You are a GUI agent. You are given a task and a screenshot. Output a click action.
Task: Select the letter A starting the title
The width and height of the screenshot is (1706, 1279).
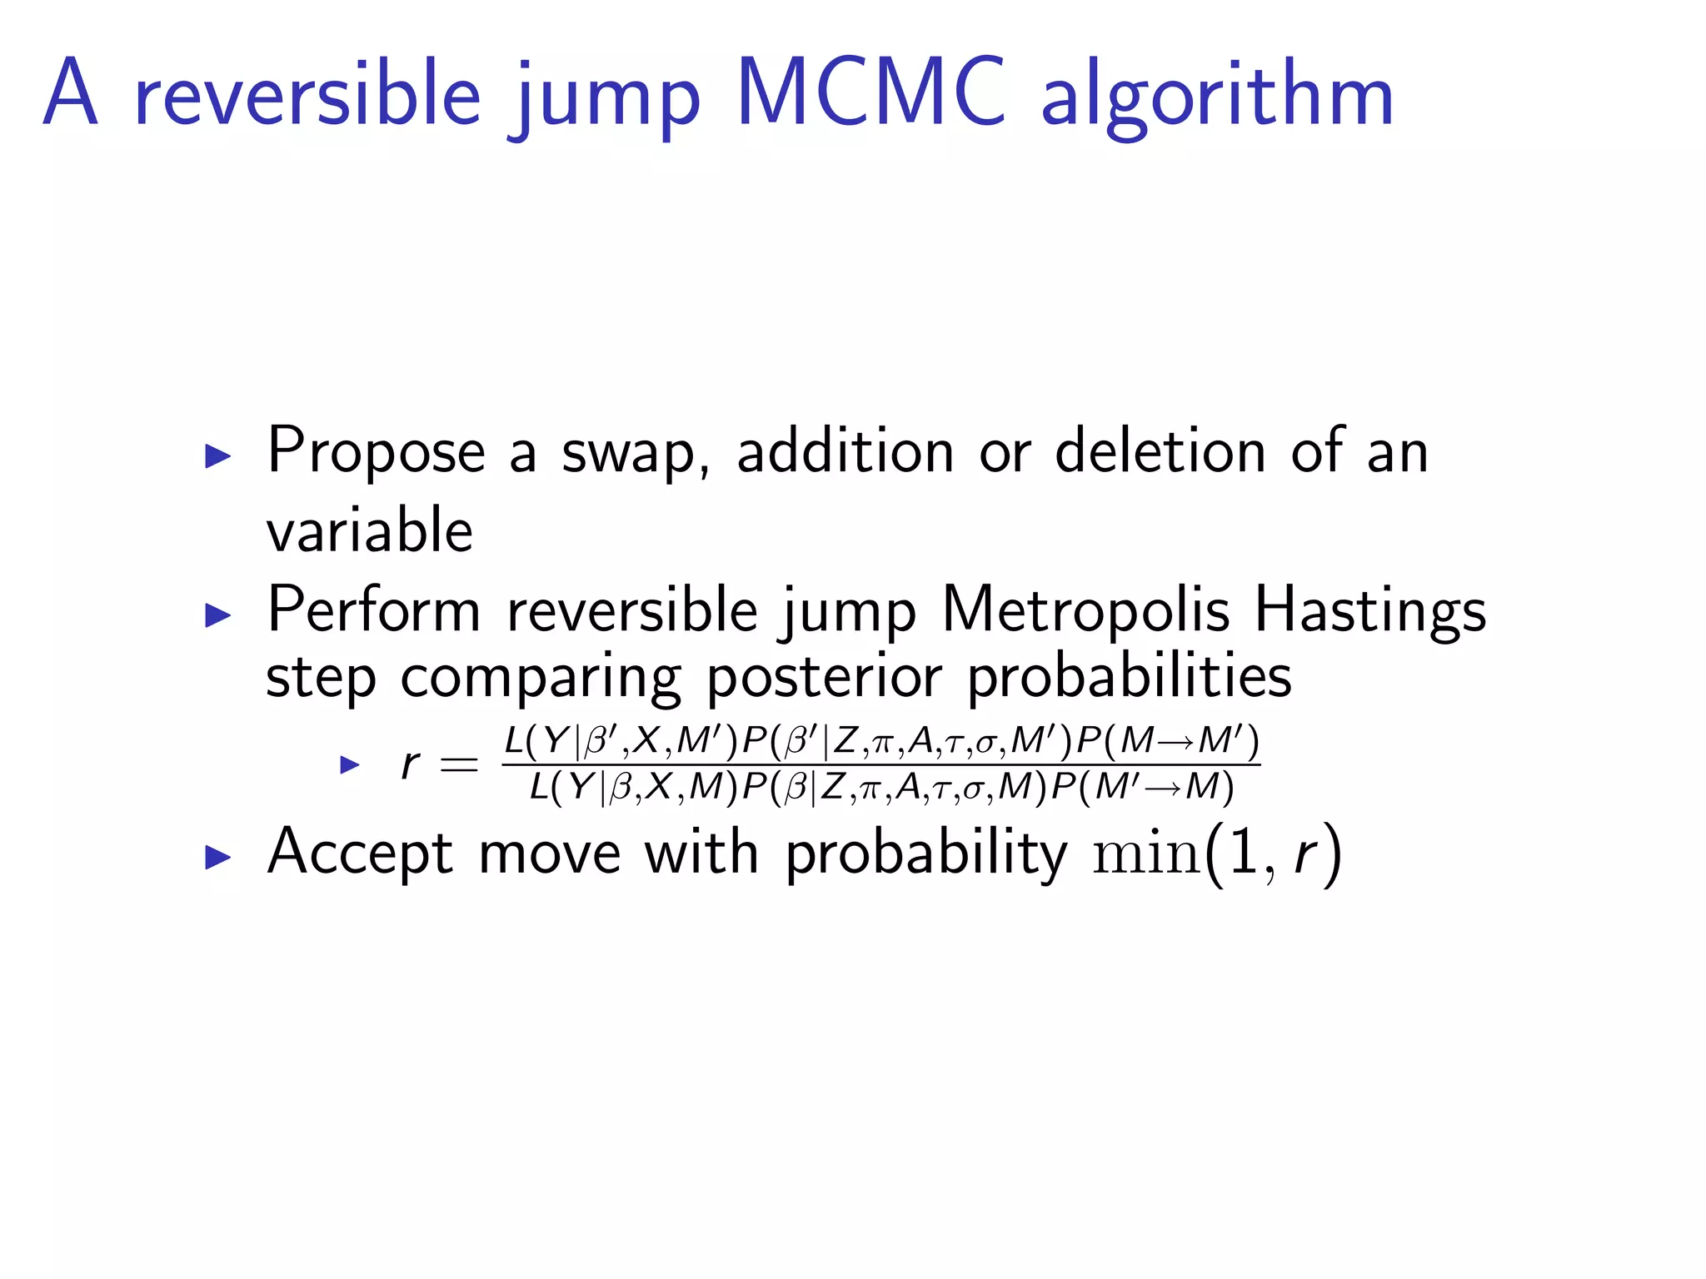coord(71,93)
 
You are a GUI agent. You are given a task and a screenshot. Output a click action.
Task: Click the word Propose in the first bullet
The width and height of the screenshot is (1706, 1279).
coord(376,452)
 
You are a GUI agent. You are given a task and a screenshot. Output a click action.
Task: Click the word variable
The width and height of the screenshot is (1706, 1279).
coord(370,530)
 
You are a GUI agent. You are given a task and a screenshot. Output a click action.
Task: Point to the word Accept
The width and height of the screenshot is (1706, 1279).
coord(361,853)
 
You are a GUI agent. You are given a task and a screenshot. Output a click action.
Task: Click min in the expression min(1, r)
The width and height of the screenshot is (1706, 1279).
coord(1146,855)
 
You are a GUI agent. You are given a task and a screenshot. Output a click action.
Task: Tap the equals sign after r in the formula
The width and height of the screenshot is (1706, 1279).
coord(459,764)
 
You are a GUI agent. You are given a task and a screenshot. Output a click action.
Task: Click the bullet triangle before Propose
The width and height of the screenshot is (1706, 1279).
coord(217,455)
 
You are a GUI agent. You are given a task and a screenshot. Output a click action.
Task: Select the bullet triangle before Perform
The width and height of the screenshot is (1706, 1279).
coord(217,615)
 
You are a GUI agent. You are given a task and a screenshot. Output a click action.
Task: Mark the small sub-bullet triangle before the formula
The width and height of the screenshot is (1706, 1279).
coord(350,764)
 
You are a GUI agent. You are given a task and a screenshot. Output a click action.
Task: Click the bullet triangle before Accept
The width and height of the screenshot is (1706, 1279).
coord(217,857)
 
